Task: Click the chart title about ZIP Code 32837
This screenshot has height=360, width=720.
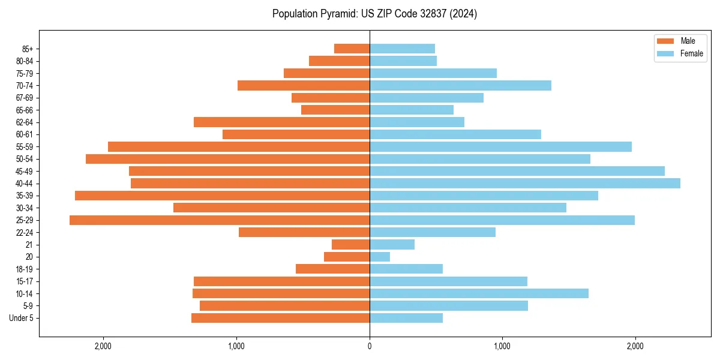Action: click(x=374, y=14)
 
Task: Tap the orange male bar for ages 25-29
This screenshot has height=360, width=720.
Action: click(x=220, y=220)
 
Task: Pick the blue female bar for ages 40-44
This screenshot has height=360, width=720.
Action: click(x=525, y=184)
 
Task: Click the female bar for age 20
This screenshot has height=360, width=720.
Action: click(x=380, y=257)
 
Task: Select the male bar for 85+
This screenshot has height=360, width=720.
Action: click(x=352, y=49)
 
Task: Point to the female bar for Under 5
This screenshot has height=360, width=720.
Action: click(x=406, y=318)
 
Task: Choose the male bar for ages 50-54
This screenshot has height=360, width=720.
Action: click(x=227, y=159)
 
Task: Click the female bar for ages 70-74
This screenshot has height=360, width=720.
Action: click(x=460, y=86)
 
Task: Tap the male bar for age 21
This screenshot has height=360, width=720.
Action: click(x=350, y=245)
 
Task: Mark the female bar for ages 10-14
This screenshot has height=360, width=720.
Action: click(x=479, y=293)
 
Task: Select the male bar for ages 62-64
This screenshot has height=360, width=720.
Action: click(x=281, y=122)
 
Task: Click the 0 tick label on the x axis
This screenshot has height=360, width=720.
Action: click(x=370, y=346)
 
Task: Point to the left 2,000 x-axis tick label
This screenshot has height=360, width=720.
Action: click(x=103, y=346)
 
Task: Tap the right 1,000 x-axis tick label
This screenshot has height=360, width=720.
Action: click(x=502, y=346)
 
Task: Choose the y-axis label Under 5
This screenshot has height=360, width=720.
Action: click(x=22, y=318)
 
